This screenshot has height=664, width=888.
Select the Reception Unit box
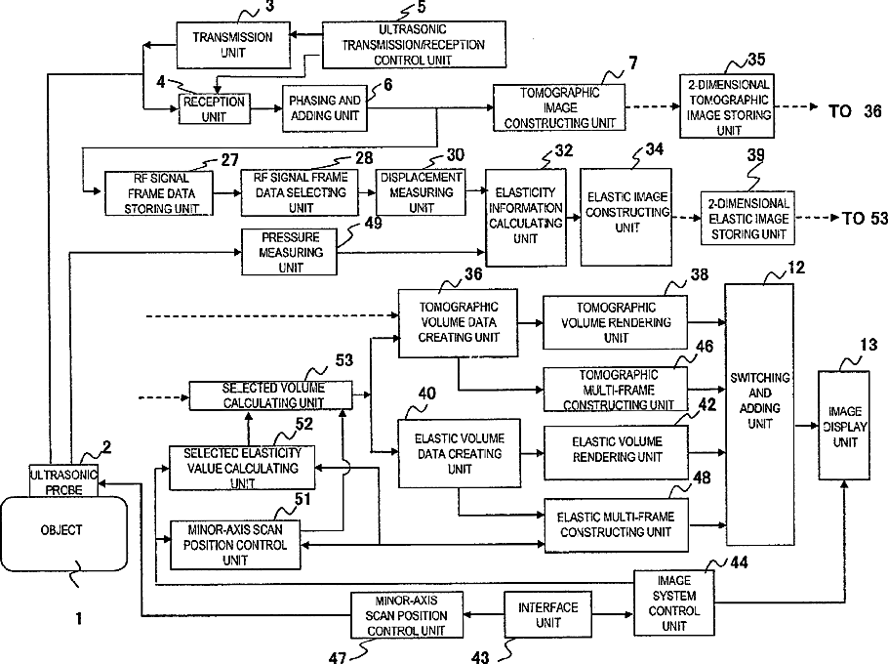(213, 108)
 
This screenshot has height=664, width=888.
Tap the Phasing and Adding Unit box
(321, 108)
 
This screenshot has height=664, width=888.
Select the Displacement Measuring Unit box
(420, 191)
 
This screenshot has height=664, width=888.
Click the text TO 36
(854, 111)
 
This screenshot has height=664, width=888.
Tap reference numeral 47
(337, 655)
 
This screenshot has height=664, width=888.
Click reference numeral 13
(868, 345)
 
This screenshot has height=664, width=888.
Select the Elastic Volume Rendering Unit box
(615, 449)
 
